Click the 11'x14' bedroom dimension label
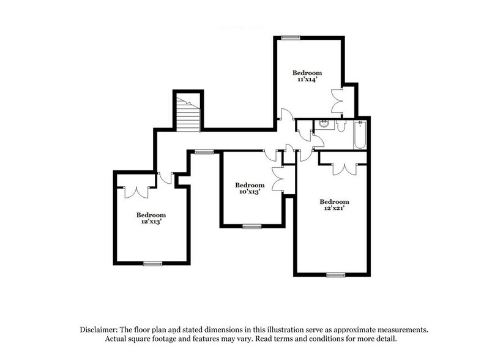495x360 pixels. (307, 80)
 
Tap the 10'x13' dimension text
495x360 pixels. (250, 192)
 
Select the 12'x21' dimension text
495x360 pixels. (334, 209)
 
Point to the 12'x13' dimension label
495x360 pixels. (151, 222)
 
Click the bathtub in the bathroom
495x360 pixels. (359, 135)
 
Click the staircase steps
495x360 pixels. (188, 114)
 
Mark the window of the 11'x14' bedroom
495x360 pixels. (290, 38)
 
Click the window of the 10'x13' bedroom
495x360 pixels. (251, 227)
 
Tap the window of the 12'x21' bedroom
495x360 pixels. (335, 275)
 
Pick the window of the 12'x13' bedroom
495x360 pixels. (151, 263)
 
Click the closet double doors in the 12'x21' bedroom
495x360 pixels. (343, 167)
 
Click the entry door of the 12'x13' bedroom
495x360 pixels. (163, 178)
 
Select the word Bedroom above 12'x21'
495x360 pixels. (334, 201)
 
